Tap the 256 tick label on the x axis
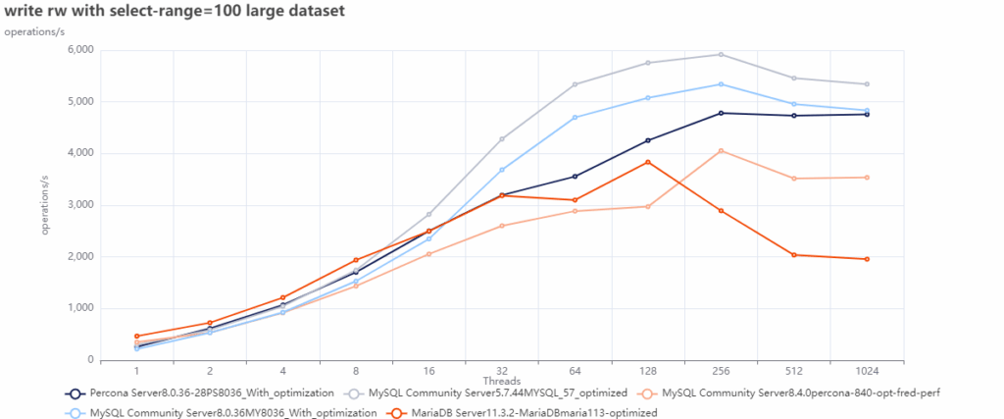pos(721,372)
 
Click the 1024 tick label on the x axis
pos(866,372)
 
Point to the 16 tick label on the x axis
pos(428,372)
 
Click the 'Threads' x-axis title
pos(501,381)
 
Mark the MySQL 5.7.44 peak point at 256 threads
pos(721,54)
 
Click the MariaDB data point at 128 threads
pos(647,162)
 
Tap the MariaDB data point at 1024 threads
pos(866,259)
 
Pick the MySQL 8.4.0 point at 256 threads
pos(721,151)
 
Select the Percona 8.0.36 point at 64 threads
pos(575,177)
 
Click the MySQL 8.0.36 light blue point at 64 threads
pos(575,118)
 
